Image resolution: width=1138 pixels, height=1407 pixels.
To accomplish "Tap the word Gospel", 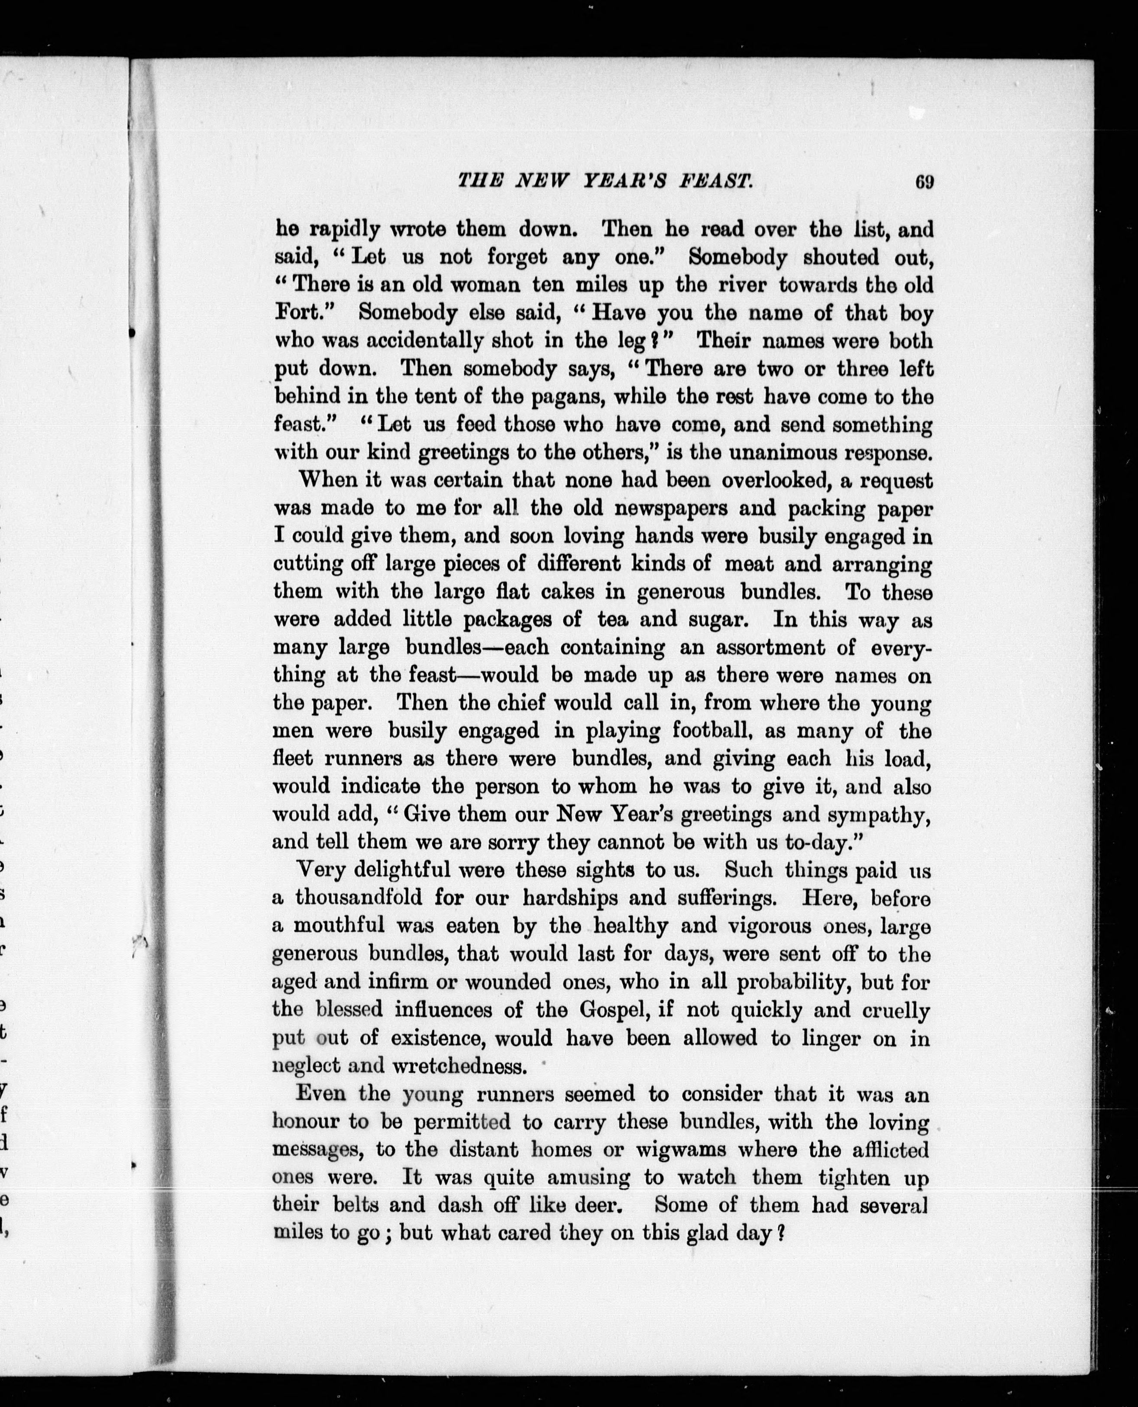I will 614,1010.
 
